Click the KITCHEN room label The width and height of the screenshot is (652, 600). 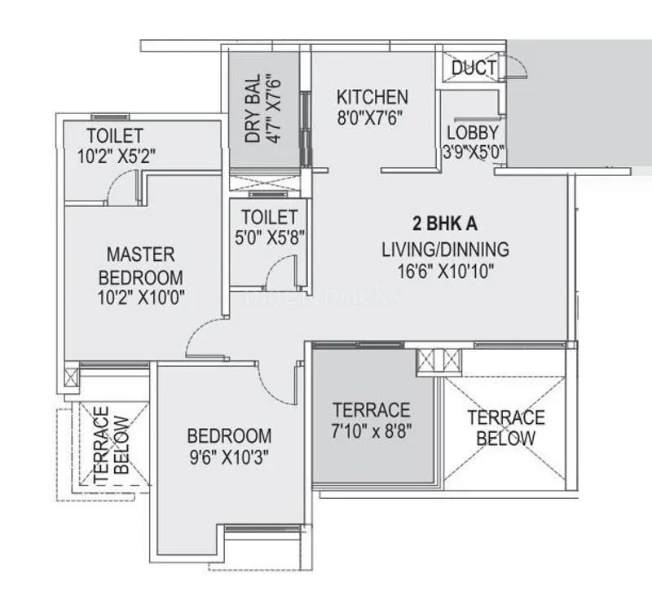372,96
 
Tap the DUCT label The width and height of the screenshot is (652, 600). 474,68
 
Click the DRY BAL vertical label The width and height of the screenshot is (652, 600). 253,108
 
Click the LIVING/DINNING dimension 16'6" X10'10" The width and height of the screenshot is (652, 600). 445,271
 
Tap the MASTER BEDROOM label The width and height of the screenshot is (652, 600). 140,266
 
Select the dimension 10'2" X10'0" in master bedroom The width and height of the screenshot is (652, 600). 140,298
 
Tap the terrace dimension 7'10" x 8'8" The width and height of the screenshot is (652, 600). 372,431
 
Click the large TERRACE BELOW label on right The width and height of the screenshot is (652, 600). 506,429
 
